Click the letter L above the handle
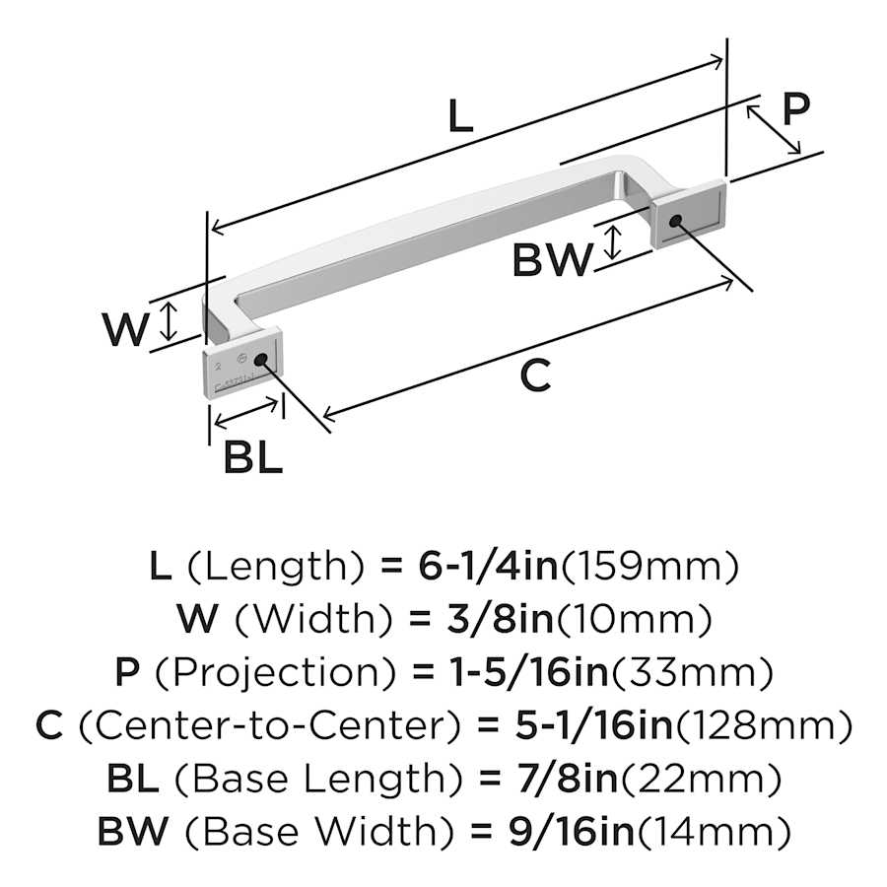click(x=459, y=117)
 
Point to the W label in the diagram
click(x=126, y=330)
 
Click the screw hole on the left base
click(x=262, y=359)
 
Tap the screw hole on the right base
click(x=675, y=221)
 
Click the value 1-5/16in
click(x=512, y=673)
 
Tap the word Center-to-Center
click(x=268, y=726)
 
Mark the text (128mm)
click(x=762, y=726)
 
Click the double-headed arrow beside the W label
click(x=171, y=321)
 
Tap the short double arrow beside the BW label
click(x=612, y=243)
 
